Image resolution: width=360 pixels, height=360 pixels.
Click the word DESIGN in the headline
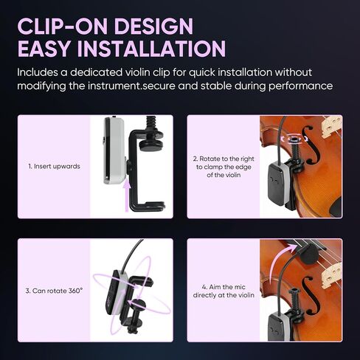coord(154,26)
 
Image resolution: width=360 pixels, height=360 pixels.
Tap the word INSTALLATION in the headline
coord(151,49)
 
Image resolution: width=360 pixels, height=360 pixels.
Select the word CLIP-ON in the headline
coord(63,26)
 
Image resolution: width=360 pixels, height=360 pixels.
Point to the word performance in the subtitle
coord(300,86)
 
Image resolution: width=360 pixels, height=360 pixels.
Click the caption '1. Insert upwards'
coord(54,167)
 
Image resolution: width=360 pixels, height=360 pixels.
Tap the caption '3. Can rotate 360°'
coord(54,291)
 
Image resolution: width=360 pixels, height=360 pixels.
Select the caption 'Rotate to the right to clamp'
coord(224,167)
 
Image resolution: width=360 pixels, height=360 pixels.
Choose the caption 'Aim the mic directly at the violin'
coord(224,291)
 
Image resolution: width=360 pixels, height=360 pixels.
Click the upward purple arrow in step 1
coord(127,195)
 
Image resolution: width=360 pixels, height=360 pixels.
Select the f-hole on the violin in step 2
coord(311,145)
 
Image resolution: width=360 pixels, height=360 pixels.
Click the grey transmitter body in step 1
coord(114,150)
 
